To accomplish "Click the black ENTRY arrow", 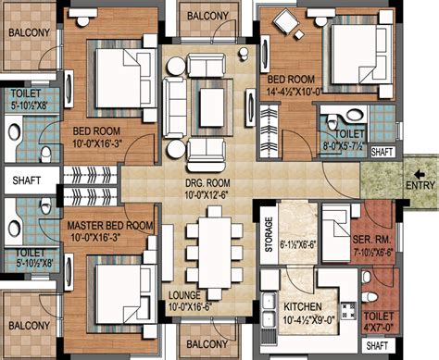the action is point(420,175).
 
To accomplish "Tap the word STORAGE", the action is point(269,234).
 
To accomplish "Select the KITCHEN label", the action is point(303,307).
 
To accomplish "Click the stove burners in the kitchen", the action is point(348,311).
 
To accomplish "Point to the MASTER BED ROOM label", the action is point(110,226).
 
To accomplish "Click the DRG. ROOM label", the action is point(207,183).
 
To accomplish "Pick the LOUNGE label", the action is point(184,295).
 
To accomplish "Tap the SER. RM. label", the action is point(371,240).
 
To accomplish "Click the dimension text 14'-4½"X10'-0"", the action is point(295,92).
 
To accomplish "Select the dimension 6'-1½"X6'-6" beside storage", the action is point(297,245).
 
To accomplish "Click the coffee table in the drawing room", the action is point(212,107).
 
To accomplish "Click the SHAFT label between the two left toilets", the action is point(27,180).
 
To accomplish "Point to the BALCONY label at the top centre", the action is point(207,16).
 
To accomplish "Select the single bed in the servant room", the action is point(336,233).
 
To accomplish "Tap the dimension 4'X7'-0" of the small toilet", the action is point(379,327).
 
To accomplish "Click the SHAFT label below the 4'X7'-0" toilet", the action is point(377,345).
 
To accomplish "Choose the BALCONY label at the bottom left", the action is point(30,326).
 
